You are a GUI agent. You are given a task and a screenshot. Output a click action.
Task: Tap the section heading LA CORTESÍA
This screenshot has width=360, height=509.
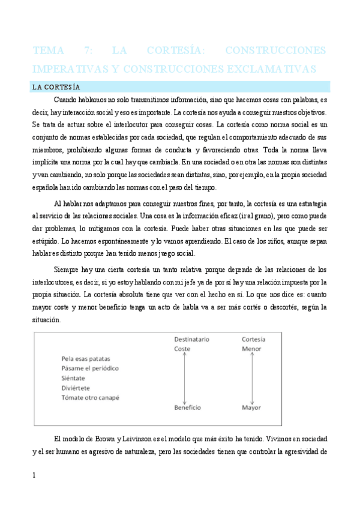point(56,87)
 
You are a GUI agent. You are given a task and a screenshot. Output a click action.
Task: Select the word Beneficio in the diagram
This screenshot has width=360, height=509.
point(187,408)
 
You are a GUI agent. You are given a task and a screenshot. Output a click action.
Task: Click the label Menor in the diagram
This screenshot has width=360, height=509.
point(251,349)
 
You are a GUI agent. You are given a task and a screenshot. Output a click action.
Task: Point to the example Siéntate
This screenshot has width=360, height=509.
point(73,378)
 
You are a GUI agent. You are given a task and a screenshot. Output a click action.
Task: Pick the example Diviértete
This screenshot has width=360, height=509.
point(76,388)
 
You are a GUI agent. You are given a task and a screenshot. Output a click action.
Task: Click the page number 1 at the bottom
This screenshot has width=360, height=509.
point(34,475)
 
